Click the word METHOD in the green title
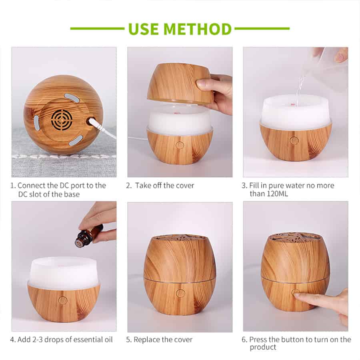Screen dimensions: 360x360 coord(198,29)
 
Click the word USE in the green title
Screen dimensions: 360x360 coord(143,29)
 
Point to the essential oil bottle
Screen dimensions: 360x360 coord(89,236)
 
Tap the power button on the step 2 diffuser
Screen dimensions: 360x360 coord(180,145)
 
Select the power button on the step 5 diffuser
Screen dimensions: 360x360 coord(180,293)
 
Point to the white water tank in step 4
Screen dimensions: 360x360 coord(63,272)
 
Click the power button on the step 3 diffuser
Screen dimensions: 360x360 coord(294,140)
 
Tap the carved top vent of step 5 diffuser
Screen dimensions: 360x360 coord(180,239)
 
